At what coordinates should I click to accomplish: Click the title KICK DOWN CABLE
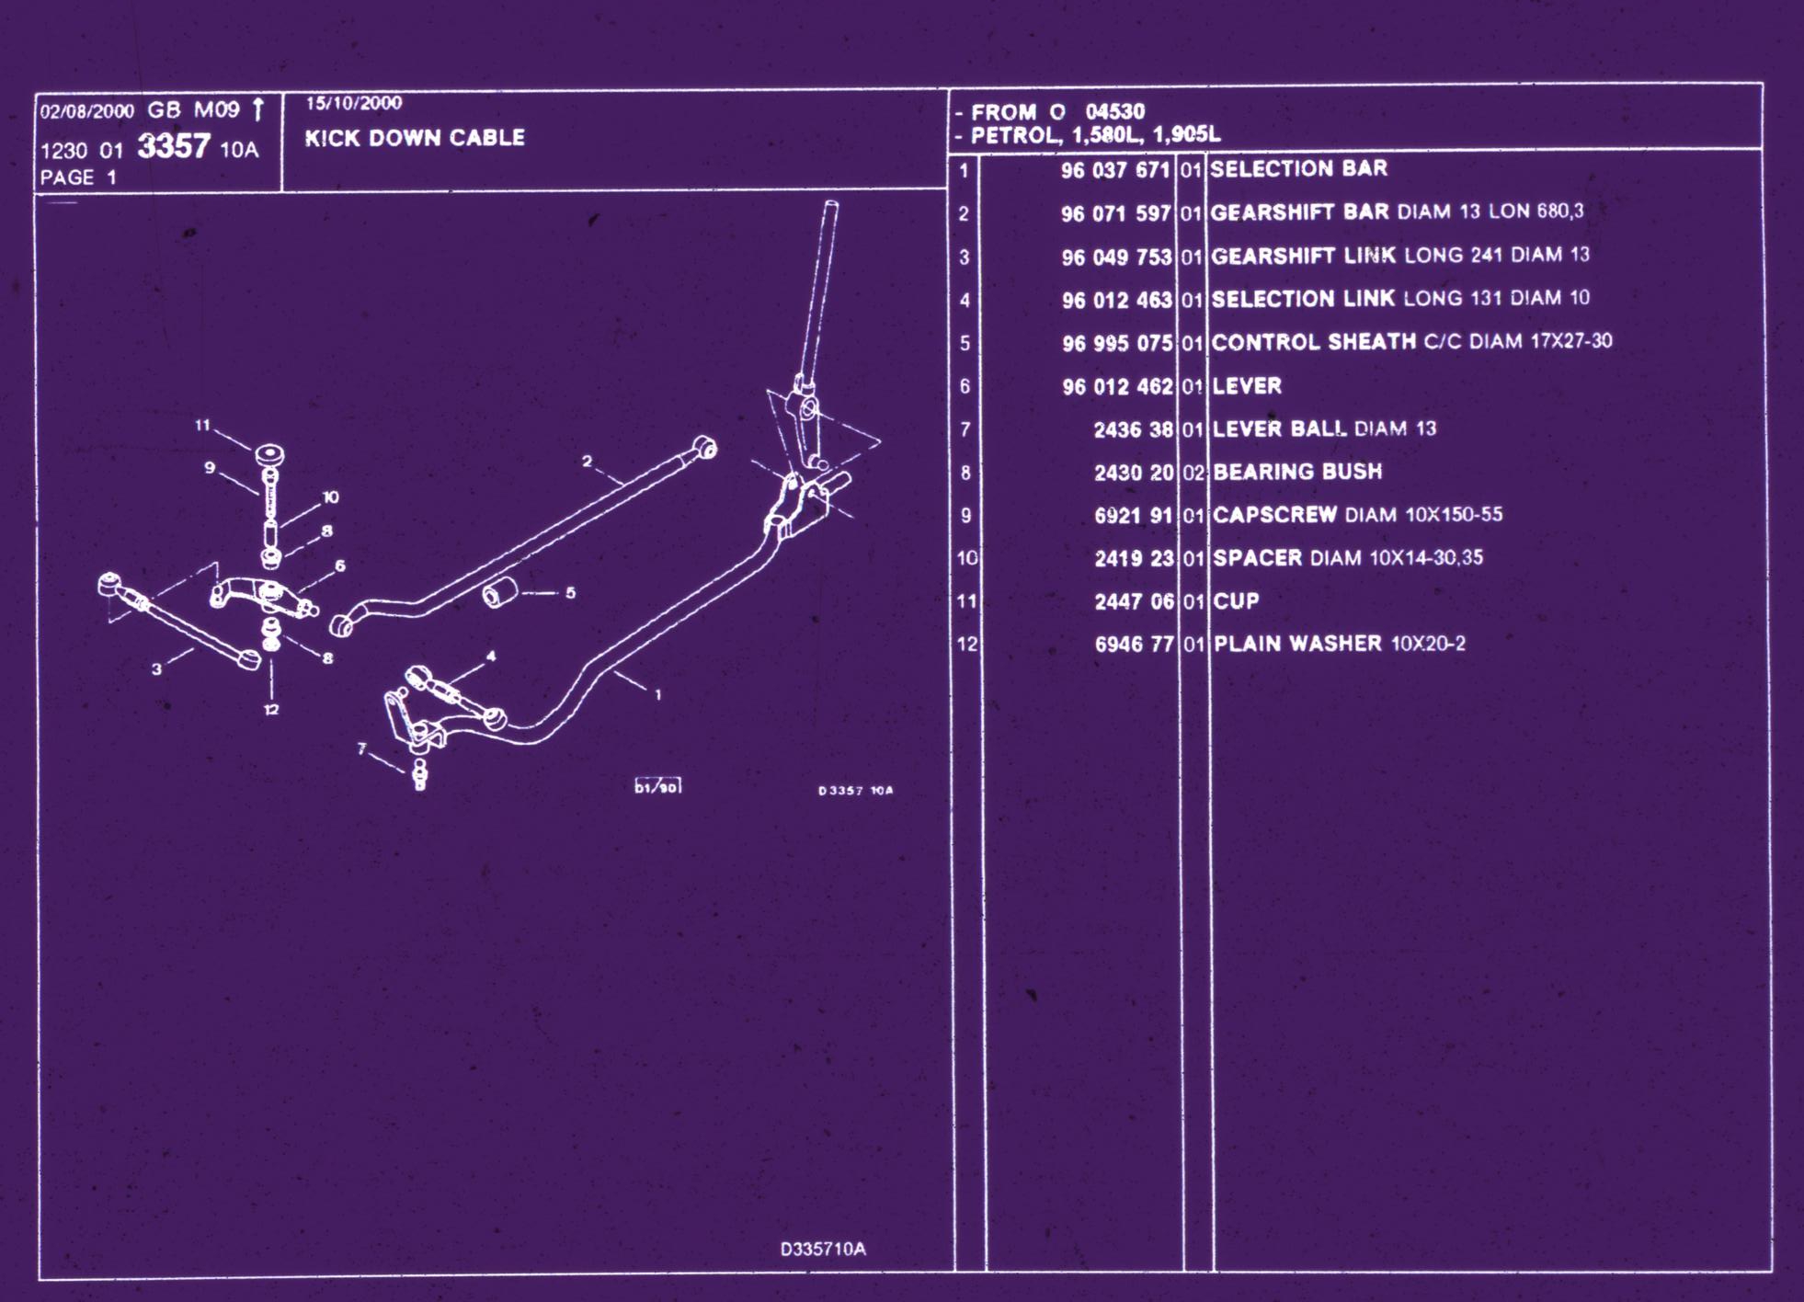coord(415,138)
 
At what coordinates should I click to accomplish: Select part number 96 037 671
coord(1114,170)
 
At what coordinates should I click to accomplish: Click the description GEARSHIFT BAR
coord(1299,212)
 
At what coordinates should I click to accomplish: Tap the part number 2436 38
coord(1134,429)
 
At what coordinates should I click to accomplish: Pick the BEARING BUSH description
coord(1297,472)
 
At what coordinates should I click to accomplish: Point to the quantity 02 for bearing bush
coord(1193,473)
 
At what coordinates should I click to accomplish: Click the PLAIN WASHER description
coord(1297,644)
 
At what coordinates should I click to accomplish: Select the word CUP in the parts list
coord(1236,601)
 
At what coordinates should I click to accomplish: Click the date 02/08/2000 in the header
coord(87,111)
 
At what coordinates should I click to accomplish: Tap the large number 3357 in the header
coord(174,146)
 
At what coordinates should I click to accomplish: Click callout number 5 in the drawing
coord(570,593)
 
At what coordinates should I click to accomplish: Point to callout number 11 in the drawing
coord(202,425)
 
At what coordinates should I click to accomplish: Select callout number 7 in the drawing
coord(361,748)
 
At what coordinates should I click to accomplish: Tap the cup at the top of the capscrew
coord(269,456)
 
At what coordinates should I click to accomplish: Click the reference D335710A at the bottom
coord(823,1249)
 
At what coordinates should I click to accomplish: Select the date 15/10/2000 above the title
coord(354,103)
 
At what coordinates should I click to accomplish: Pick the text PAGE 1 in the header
coord(78,177)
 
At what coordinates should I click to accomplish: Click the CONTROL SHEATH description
coord(1314,342)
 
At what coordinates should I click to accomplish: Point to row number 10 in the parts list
coord(966,558)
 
